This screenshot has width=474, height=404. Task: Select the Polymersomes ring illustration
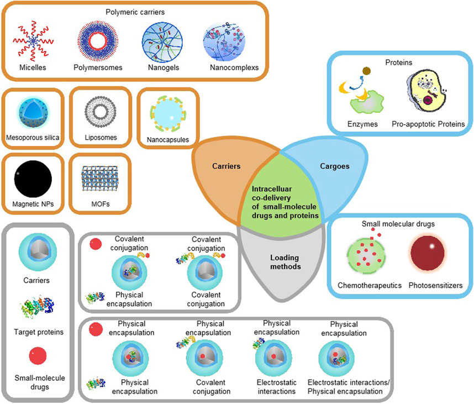click(97, 42)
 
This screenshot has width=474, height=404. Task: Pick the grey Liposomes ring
click(100, 111)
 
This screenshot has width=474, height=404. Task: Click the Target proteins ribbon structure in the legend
click(39, 312)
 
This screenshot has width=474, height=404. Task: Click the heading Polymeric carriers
click(136, 11)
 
